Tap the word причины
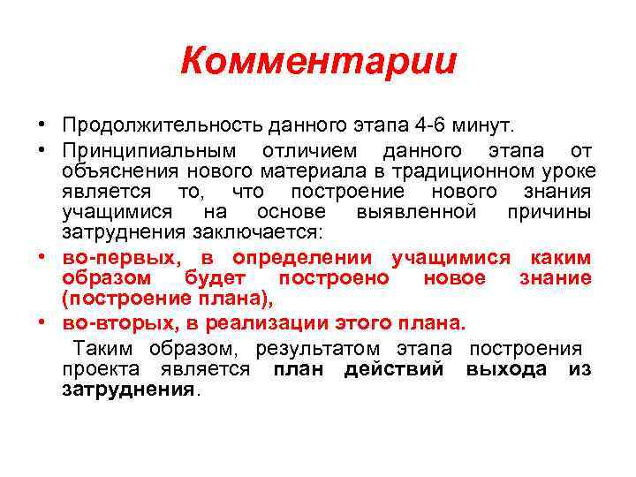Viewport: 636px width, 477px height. click(549, 212)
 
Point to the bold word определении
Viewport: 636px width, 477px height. click(306, 257)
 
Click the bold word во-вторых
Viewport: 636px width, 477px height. click(121, 322)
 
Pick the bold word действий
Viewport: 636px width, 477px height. click(394, 369)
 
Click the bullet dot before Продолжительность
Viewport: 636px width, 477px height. click(42, 124)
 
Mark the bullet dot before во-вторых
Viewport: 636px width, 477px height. click(42, 322)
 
